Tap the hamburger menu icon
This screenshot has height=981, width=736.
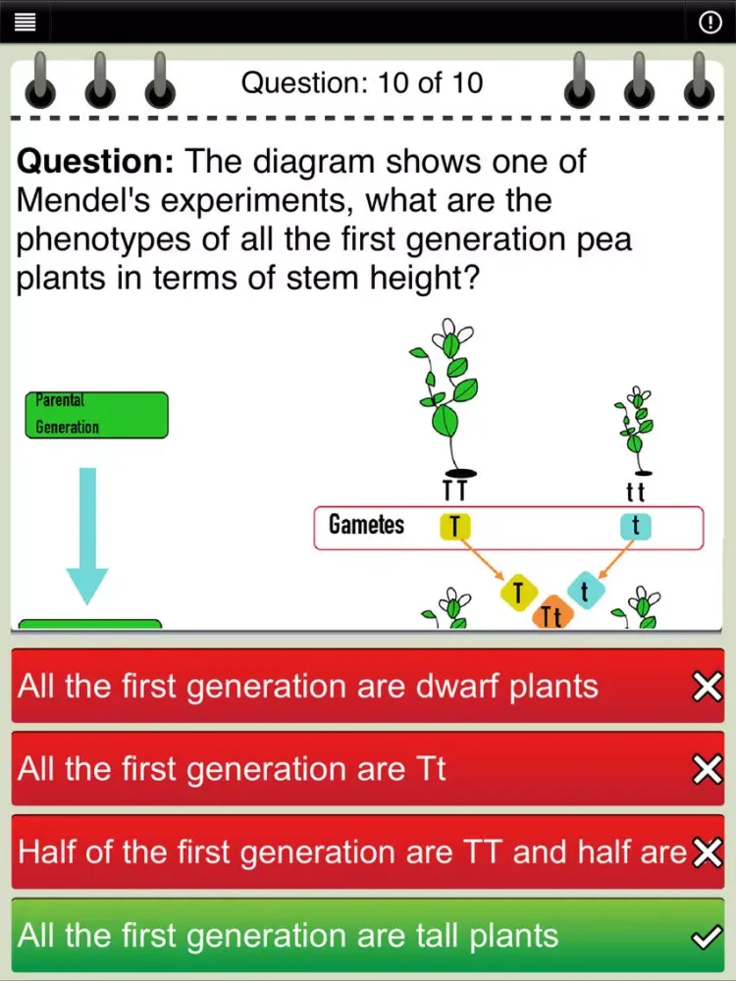click(25, 23)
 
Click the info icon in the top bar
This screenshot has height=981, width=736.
click(710, 23)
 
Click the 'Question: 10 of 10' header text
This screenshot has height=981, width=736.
click(362, 82)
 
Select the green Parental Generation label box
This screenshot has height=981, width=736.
click(96, 415)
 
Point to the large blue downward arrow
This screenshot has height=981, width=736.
click(87, 536)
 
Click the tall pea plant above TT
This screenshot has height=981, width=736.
click(447, 397)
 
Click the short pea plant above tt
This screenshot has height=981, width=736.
click(635, 431)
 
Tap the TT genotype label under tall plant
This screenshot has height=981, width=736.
click(455, 490)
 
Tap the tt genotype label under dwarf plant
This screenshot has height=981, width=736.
click(635, 491)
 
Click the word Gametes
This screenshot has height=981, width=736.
click(367, 524)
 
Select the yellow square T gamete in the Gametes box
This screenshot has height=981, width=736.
click(455, 526)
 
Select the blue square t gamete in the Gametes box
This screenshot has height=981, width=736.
click(636, 526)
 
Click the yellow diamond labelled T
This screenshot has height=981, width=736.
click(518, 593)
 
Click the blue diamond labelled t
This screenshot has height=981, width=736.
click(586, 591)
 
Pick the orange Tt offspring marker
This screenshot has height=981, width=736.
click(552, 615)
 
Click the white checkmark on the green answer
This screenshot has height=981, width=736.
click(708, 937)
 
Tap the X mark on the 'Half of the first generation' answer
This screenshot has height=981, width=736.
click(708, 852)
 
